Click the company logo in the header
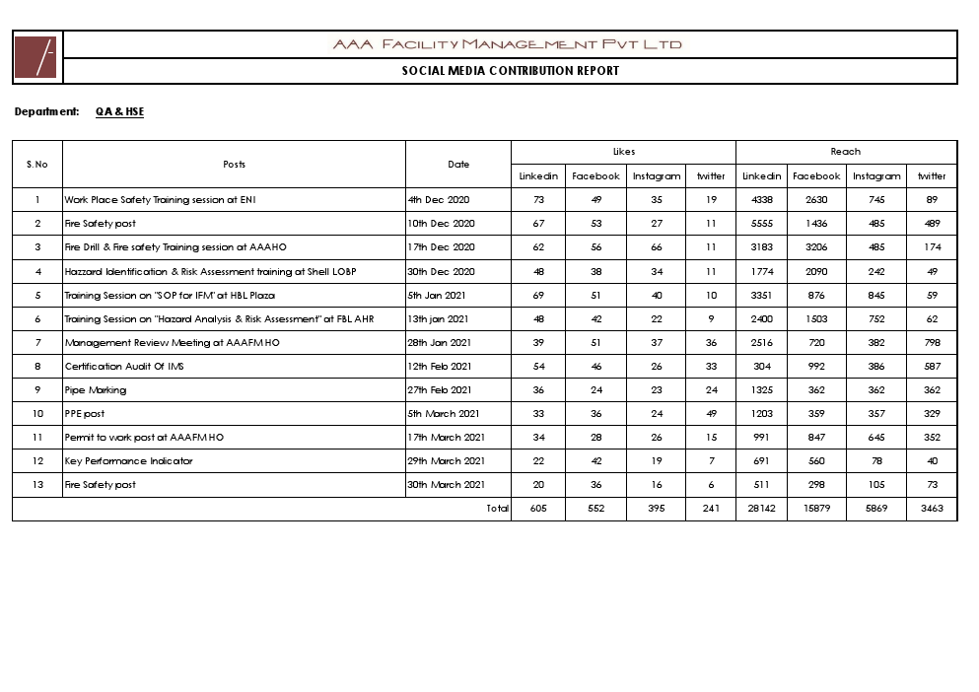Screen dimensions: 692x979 [x=36, y=57]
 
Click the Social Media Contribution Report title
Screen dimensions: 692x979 [x=510, y=71]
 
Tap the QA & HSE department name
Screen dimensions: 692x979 [x=119, y=112]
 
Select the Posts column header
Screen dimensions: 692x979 [x=234, y=165]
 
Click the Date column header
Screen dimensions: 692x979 [x=458, y=165]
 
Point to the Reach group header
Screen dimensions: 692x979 [x=845, y=152]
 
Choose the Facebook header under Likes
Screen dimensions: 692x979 [x=595, y=176]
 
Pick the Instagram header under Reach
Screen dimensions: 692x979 [x=876, y=176]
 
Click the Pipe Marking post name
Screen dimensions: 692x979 [x=96, y=390]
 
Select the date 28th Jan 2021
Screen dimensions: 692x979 [x=440, y=343]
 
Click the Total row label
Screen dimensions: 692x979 [x=497, y=509]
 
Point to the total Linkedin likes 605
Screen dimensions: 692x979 [x=538, y=509]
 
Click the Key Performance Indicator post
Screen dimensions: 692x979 [x=128, y=461]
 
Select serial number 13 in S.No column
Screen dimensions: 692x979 [x=37, y=485]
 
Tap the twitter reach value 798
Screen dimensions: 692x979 [x=931, y=343]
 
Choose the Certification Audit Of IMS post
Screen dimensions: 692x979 [x=123, y=367]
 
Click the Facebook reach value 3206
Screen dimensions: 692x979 [x=815, y=247]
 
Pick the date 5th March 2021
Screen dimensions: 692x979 [x=444, y=414]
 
